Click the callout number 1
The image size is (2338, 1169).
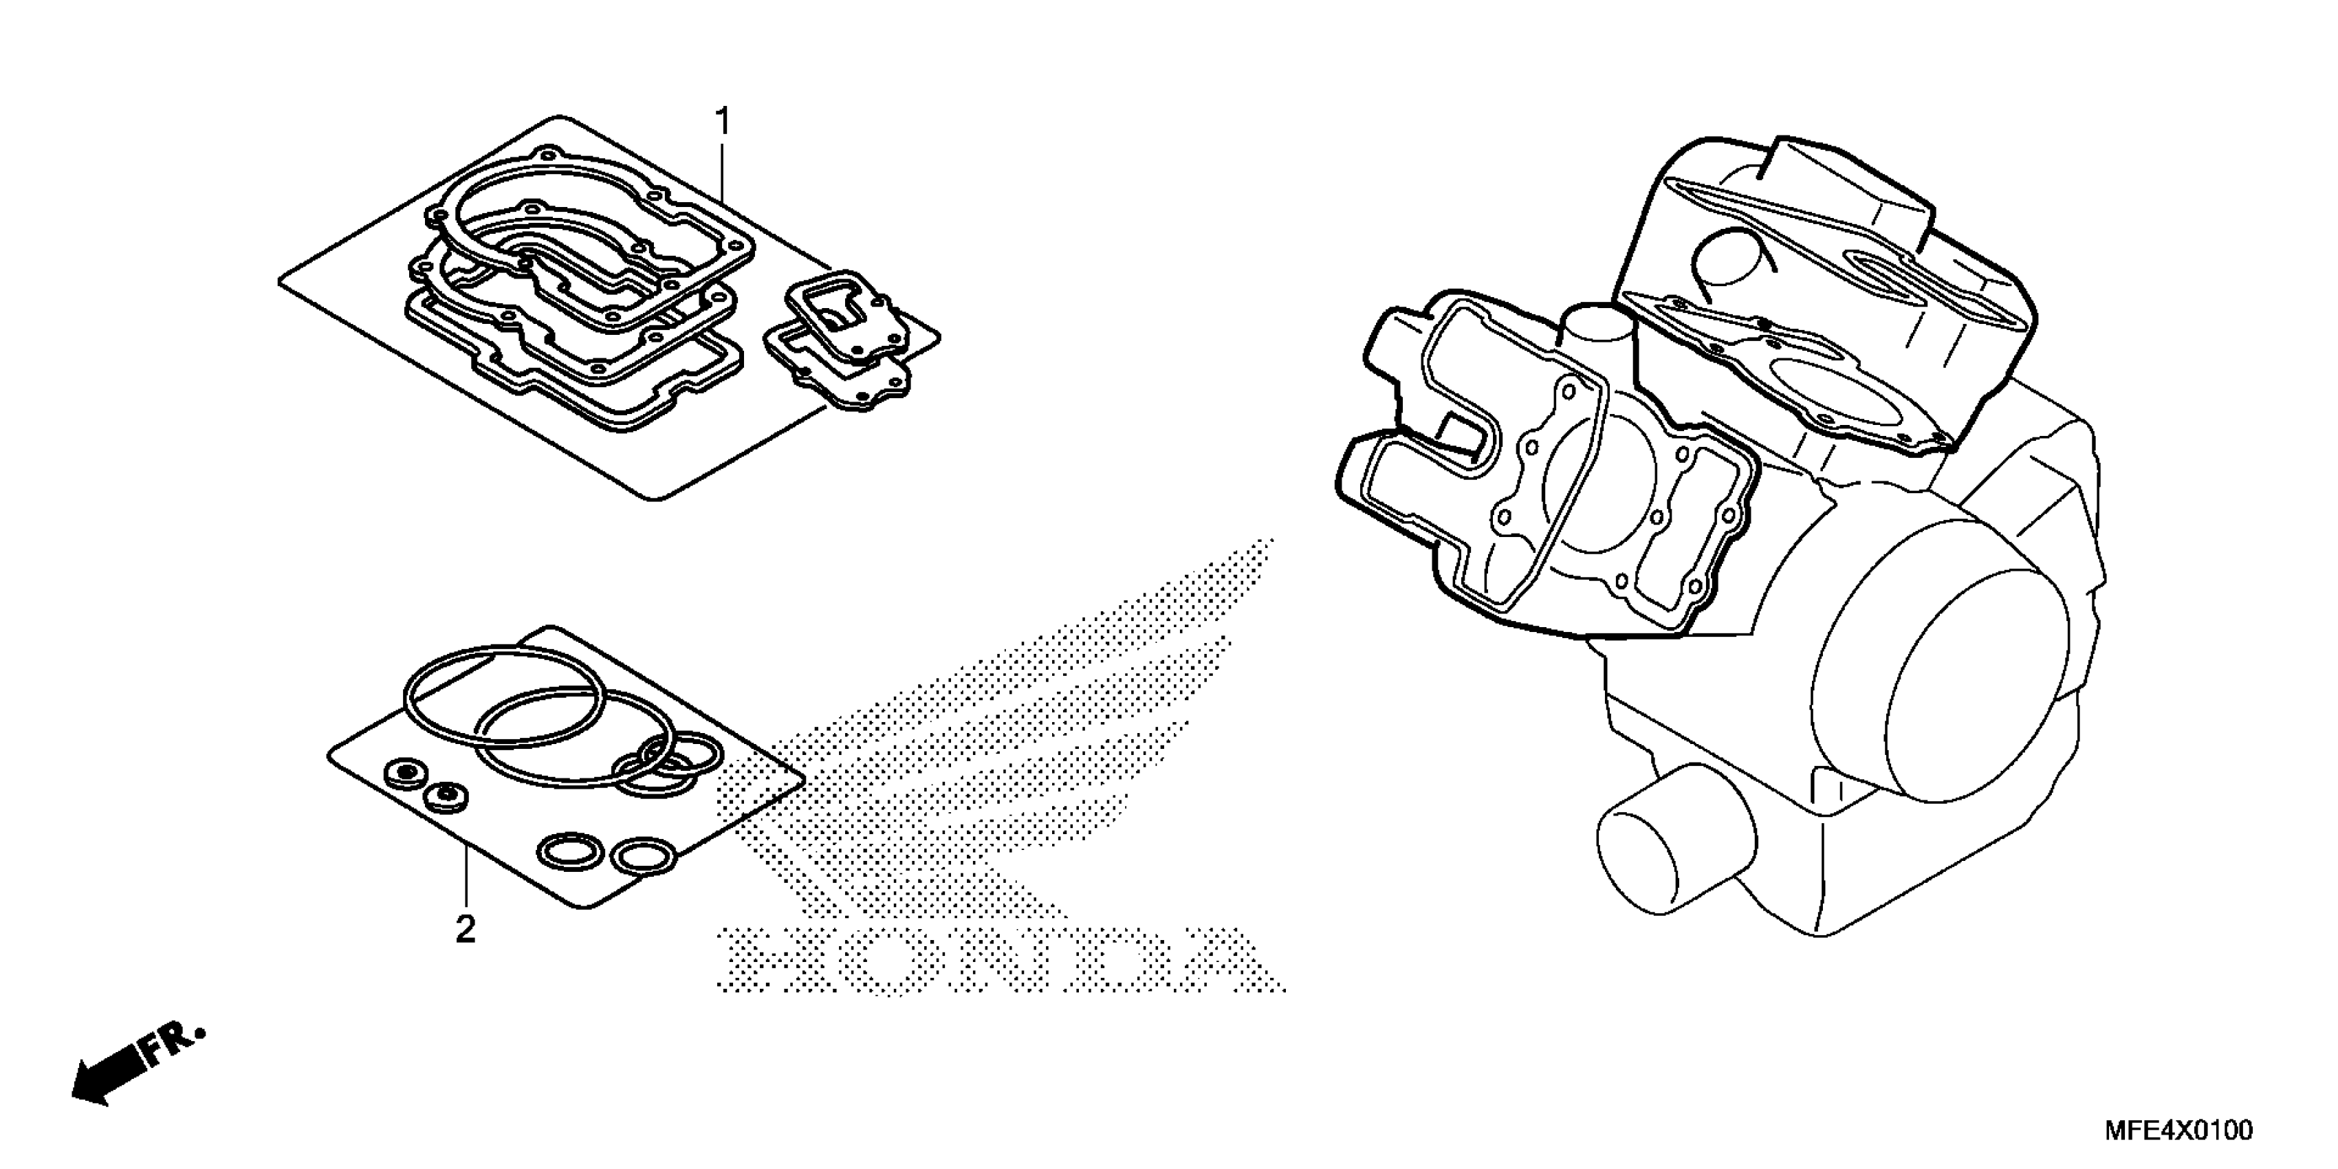click(723, 121)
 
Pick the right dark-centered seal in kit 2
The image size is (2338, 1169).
click(446, 797)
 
